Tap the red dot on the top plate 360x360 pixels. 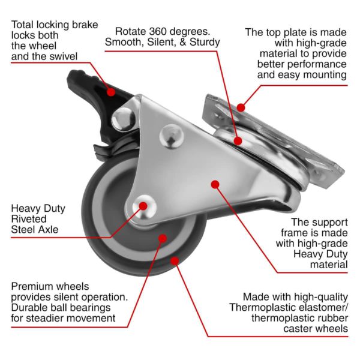click(241, 108)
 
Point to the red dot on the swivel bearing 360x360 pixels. click(238, 142)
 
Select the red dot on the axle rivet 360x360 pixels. click(144, 206)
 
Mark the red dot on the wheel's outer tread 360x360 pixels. click(175, 260)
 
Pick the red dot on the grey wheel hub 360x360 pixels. click(163, 239)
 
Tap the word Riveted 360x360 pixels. click(29, 219)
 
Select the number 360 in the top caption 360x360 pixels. click(163, 31)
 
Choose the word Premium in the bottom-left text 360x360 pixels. click(31, 286)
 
